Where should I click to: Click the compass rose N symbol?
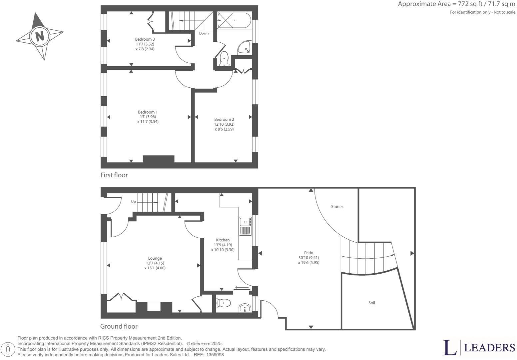tap(40, 36)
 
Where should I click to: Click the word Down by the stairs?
tap(204, 33)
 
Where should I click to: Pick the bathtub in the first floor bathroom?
tap(234, 20)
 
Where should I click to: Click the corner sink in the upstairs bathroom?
tap(245, 49)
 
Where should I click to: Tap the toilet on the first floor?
tap(224, 58)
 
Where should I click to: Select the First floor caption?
tap(114, 175)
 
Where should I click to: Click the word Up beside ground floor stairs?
tap(133, 202)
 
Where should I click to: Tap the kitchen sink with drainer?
tap(246, 226)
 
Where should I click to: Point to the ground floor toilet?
tap(224, 303)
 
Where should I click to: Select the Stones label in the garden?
tap(337, 207)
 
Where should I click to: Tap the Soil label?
tap(372, 303)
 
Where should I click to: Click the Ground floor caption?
tap(119, 326)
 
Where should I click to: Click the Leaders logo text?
tap(489, 348)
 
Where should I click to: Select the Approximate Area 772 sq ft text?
tap(456, 4)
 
